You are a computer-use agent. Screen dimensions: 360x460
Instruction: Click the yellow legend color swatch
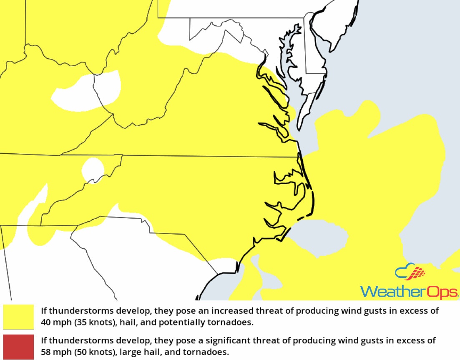pyautogui.click(x=18, y=317)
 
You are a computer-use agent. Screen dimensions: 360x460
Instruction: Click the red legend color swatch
pyautogui.click(x=18, y=346)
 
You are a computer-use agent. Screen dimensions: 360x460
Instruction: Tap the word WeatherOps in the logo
pyautogui.click(x=410, y=291)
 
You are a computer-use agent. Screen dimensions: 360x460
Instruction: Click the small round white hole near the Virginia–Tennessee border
pyautogui.click(x=93, y=169)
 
